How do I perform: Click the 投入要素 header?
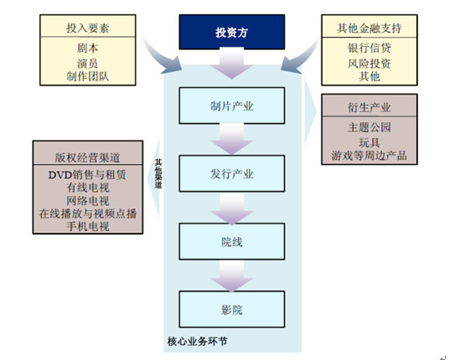87,28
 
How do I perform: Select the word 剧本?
87,48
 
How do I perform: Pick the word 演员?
87,62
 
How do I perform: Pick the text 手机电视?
87,227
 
